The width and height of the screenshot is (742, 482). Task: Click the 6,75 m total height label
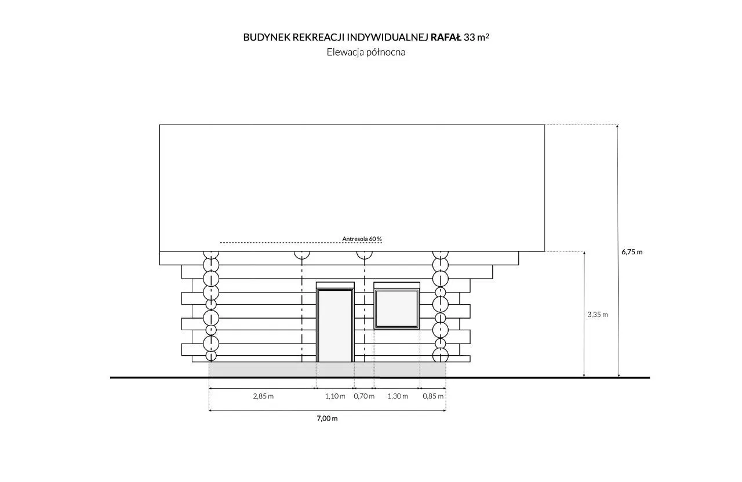[x=632, y=252]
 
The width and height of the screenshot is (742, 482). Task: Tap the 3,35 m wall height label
[x=598, y=315]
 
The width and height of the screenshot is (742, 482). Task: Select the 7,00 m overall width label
[x=328, y=418]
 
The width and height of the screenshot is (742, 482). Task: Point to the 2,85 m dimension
[x=263, y=396]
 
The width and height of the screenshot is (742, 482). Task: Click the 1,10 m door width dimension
[x=335, y=396]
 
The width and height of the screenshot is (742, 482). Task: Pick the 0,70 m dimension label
[x=364, y=396]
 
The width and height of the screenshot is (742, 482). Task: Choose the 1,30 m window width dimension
[x=398, y=396]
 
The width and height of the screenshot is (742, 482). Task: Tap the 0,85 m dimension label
[x=433, y=396]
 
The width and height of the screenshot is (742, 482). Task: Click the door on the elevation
[x=335, y=326]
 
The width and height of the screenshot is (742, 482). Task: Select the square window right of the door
[x=397, y=309]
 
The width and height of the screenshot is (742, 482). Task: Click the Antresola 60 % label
[x=362, y=239]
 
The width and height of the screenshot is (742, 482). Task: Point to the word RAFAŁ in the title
[x=446, y=38]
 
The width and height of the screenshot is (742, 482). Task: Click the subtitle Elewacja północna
[x=366, y=52]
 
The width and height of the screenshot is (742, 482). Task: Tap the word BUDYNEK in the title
[x=267, y=38]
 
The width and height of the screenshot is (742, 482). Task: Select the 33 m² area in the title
[x=477, y=37]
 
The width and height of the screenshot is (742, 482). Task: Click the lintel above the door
[x=335, y=285]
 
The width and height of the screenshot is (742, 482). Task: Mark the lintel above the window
[x=397, y=285]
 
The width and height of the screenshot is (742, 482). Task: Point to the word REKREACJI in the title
[x=318, y=38]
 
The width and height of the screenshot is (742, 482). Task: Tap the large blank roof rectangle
[x=352, y=188]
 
